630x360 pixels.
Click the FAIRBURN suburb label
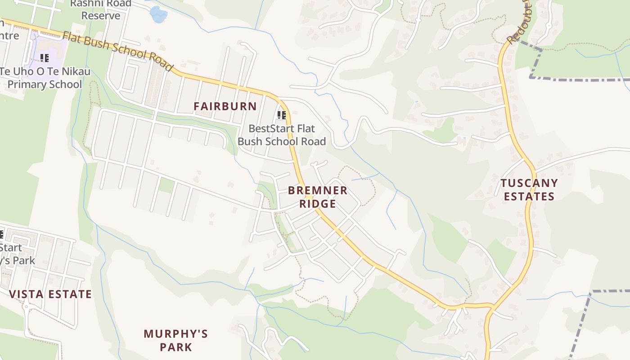(225, 107)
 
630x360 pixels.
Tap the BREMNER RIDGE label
(318, 197)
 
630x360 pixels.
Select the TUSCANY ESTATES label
(529, 189)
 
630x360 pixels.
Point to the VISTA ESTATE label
(50, 294)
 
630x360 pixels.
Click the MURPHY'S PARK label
(175, 340)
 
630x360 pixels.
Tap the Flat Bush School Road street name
(118, 50)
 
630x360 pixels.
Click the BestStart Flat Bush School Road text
(282, 135)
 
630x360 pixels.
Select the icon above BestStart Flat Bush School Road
(282, 115)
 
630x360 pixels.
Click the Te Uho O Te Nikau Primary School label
(45, 77)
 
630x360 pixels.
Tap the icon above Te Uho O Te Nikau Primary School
(45, 58)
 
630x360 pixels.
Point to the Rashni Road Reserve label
(101, 9)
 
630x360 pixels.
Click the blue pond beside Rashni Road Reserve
(158, 14)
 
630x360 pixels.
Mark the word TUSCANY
(529, 183)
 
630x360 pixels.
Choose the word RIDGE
(318, 204)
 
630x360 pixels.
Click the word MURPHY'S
(175, 334)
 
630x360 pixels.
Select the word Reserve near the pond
(101, 16)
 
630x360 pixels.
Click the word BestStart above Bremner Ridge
(269, 129)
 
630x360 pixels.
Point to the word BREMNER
(318, 190)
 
